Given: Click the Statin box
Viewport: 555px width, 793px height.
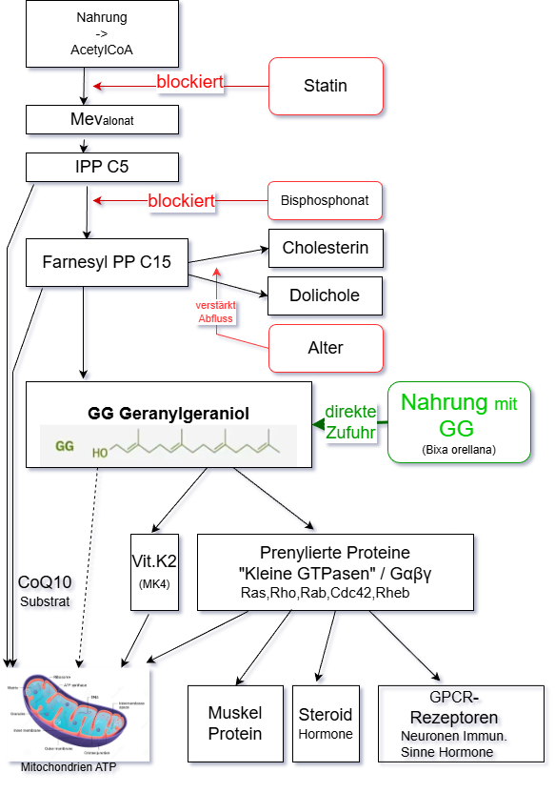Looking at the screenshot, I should click(326, 86).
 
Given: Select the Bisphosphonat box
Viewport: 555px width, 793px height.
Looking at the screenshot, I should click(325, 201).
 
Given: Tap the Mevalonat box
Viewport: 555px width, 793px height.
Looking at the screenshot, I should click(102, 119).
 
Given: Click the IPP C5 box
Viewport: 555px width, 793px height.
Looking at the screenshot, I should click(102, 168).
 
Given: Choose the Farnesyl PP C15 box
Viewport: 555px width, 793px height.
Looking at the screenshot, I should click(107, 261).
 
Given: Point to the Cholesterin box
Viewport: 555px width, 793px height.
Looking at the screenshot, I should click(326, 248).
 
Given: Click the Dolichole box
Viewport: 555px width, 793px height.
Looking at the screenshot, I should click(326, 295).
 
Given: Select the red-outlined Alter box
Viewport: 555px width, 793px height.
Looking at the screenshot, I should click(326, 348).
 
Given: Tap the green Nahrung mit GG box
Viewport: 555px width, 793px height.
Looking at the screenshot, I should click(459, 422).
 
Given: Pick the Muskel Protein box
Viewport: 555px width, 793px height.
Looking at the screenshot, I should click(235, 723).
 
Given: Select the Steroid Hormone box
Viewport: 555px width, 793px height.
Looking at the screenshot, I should click(326, 723).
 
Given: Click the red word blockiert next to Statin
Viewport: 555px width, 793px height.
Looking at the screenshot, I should click(189, 83).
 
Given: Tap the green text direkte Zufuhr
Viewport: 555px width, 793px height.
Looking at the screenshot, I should click(350, 422).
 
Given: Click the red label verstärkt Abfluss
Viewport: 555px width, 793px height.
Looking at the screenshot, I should click(216, 313).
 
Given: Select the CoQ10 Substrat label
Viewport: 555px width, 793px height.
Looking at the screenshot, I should click(45, 591).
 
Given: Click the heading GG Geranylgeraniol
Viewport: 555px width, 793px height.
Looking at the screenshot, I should click(168, 414).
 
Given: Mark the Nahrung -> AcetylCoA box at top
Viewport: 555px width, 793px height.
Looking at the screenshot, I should click(102, 33).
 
